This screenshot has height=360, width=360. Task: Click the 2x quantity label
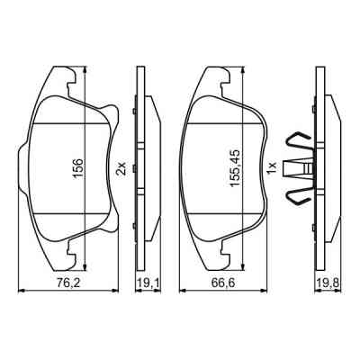tap(120, 167)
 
